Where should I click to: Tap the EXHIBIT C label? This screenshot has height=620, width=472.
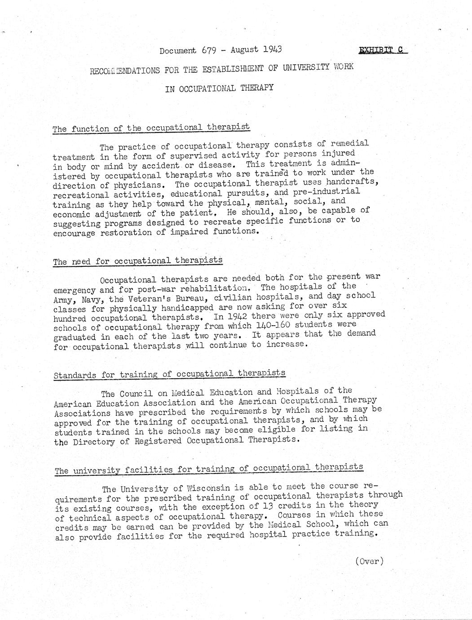[383, 50]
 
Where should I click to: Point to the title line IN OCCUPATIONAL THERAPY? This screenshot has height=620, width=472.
[219, 88]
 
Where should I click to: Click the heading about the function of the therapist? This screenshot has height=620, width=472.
[151, 128]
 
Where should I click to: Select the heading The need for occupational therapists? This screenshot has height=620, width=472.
[137, 261]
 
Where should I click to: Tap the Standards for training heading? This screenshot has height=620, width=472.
[169, 374]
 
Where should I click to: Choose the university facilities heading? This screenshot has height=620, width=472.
[209, 469]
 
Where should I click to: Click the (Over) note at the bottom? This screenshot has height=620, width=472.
[369, 561]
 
